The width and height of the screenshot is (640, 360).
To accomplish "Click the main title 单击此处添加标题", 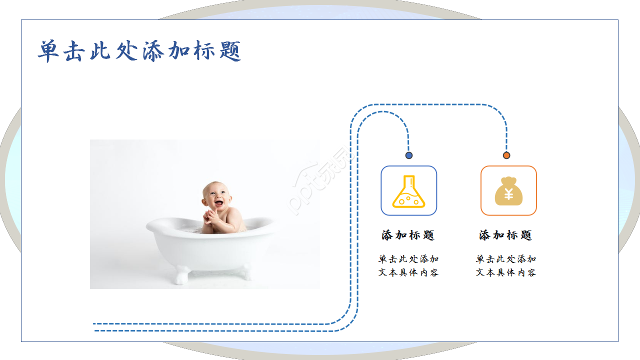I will coord(139,51).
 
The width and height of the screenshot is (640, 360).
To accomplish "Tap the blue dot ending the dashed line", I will coord(409,155).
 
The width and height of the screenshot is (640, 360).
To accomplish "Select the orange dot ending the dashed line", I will coord(506,155).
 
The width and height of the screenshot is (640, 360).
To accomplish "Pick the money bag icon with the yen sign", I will coord(508,191).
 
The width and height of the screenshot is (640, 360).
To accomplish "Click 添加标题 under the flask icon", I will coord(408,235).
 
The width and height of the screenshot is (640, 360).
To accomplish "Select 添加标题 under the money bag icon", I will coord(505,235).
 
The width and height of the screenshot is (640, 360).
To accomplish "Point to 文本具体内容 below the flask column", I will coord(408,272).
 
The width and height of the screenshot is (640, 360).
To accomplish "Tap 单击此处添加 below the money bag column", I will coord(506,259).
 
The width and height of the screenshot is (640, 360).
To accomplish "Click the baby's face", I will coord(216,195).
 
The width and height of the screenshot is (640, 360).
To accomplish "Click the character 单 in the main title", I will coord(49,51).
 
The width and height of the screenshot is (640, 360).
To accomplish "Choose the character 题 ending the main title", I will coord(229,51).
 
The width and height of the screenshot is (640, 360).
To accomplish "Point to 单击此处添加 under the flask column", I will coord(408,259).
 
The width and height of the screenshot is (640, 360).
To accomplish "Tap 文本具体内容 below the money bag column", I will coord(506,272).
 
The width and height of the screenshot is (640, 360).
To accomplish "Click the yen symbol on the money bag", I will coord(508,194).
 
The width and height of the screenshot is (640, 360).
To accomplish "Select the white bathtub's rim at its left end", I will coord(150,226).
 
